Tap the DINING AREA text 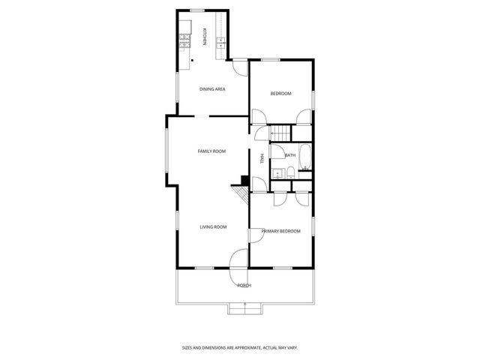[212, 89]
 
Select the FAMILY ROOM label [211, 151]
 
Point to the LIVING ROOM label [213, 226]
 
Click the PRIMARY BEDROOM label [280, 231]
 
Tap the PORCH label [244, 286]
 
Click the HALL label [262, 158]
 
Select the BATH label [290, 155]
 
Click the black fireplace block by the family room [244, 180]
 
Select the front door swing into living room [239, 258]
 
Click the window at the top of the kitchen [199, 10]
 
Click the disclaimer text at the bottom [240, 347]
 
